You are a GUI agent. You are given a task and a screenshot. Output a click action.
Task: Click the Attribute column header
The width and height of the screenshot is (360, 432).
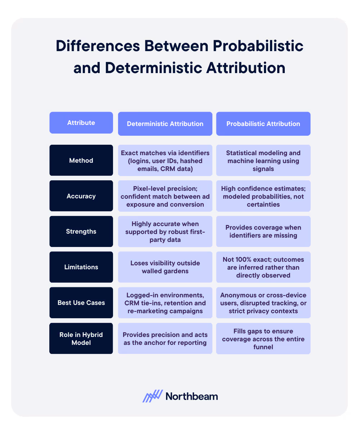click(81, 123)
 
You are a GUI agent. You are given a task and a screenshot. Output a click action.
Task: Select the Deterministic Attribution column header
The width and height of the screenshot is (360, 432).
click(165, 124)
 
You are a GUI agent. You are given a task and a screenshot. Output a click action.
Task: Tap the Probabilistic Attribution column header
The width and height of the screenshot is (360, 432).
click(263, 124)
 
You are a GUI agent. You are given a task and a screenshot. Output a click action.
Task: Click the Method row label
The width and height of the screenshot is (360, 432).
click(81, 161)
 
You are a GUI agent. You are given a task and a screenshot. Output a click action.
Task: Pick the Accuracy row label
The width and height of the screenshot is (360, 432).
click(81, 196)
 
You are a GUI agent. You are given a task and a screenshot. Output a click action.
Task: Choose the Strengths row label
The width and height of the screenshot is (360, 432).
click(81, 231)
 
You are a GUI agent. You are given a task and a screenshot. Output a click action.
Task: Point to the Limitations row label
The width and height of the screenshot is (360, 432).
click(81, 267)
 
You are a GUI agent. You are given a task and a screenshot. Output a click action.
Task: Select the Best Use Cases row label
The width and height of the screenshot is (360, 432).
click(81, 303)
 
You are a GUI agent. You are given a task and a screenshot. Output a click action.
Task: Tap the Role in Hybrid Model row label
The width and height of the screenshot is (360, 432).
click(81, 338)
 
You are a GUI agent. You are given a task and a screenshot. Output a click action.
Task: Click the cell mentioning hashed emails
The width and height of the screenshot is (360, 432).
click(165, 161)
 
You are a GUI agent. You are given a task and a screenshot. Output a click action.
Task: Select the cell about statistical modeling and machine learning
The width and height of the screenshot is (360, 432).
click(263, 161)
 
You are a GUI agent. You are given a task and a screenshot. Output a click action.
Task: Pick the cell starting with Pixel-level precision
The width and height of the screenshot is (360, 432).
click(165, 196)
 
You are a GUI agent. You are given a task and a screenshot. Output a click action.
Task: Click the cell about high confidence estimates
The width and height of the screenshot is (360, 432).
click(263, 196)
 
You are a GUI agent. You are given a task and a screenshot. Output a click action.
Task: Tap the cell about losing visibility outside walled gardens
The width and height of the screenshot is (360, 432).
click(165, 267)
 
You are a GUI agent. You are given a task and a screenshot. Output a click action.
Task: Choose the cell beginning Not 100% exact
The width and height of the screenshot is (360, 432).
click(263, 267)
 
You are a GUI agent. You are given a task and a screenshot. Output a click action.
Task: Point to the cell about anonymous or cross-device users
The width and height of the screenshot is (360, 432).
click(263, 303)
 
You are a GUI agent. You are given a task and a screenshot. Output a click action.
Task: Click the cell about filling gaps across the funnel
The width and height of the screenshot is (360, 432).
click(263, 338)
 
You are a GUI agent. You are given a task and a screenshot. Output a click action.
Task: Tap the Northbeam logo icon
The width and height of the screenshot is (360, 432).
click(153, 396)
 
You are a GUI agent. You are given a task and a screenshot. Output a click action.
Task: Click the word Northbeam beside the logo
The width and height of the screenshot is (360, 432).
click(192, 396)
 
